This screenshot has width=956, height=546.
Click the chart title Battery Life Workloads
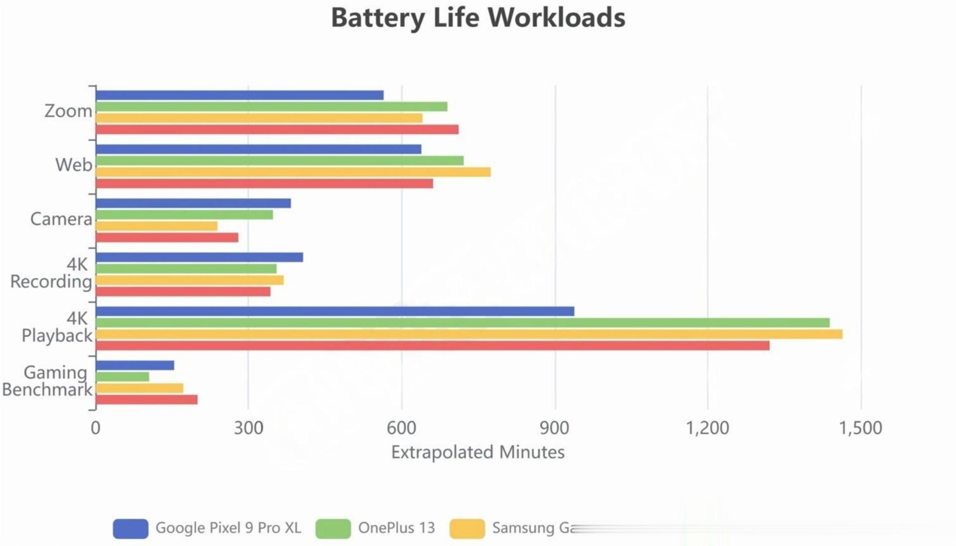coord(478,18)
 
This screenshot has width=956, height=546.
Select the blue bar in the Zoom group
coord(239,95)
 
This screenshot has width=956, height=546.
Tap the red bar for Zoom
coord(277,129)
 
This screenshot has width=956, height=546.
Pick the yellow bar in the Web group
coord(293,172)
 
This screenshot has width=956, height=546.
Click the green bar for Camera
coord(184,215)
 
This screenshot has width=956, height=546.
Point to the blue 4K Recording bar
coord(199,257)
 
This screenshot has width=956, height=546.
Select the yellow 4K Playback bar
coord(469,334)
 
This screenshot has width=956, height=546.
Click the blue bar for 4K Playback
coord(335,312)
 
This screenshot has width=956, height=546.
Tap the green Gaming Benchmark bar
coord(122,377)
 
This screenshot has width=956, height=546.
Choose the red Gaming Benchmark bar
coord(146,400)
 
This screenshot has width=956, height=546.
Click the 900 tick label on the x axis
coord(554,428)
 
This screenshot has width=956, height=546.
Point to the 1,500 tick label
coord(860,428)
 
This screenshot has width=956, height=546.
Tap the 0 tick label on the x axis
coord(96,428)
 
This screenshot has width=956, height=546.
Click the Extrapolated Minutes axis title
coord(478,452)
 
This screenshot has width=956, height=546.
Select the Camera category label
coord(61,219)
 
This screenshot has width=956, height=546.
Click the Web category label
coord(74,165)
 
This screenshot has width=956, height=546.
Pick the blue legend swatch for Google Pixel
coord(130,529)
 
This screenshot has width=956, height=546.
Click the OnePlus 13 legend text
coord(396,528)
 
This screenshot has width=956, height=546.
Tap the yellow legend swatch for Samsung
coord(467,529)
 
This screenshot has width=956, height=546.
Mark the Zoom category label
coord(68,110)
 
